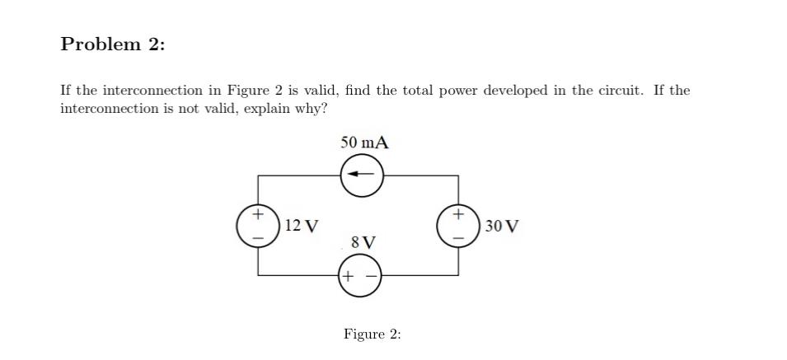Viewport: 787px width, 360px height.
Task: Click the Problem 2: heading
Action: coord(113,44)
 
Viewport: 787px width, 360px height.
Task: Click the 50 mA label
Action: coord(364,143)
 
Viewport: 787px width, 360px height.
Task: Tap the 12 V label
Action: coord(302,226)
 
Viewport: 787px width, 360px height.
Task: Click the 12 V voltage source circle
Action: coord(258,226)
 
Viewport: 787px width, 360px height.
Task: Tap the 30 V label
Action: coord(502,226)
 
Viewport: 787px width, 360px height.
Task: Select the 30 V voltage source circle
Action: coord(459,226)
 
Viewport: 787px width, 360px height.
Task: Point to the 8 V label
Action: coord(363,242)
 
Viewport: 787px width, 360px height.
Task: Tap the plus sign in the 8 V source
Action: coord(349,276)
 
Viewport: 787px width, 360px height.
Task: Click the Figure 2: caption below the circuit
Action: coord(372,334)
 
